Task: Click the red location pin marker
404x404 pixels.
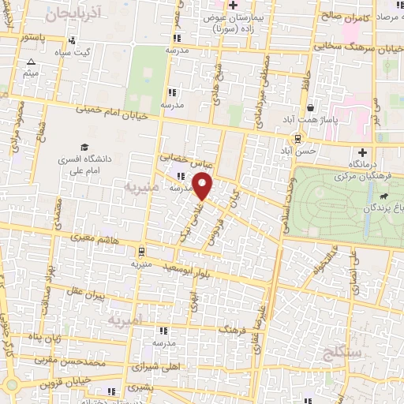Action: coord(204,186)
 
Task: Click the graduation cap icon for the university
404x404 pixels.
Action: coord(84,147)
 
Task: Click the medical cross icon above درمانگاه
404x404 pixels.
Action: coord(362,152)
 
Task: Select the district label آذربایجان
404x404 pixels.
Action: coord(70,13)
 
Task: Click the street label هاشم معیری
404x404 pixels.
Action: coord(95,236)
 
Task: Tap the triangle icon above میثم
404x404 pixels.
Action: coord(31,62)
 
